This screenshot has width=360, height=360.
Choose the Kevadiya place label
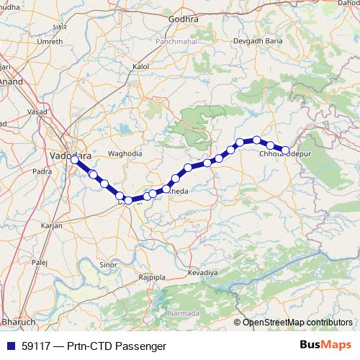pyautogui.click(x=202, y=274)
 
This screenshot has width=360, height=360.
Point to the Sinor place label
pyautogui.click(x=108, y=265)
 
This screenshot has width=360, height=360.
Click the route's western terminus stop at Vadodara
pyautogui.click(x=74, y=161)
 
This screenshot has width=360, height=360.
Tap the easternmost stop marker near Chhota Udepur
pyautogui.click(x=286, y=150)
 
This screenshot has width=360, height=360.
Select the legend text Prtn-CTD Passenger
pyautogui.click(x=117, y=346)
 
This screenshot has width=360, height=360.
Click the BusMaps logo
pyautogui.click(x=326, y=346)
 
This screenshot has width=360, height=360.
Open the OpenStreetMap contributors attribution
pyautogui.click(x=297, y=322)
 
